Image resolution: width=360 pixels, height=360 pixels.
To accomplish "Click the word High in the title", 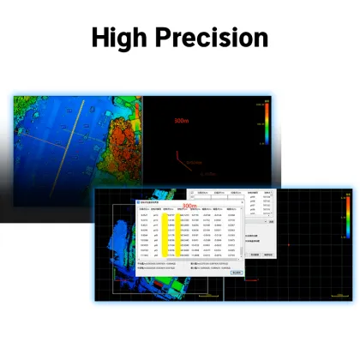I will [126, 38].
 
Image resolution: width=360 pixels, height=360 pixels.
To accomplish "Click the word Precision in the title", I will [215, 38].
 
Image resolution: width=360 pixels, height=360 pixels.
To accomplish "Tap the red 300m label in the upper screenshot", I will [181, 122].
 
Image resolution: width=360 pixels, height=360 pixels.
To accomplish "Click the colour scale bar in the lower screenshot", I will [346, 219].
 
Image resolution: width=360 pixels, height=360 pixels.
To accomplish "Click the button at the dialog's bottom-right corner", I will [235, 273].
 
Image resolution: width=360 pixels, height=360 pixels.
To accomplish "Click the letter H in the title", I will [102, 38].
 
